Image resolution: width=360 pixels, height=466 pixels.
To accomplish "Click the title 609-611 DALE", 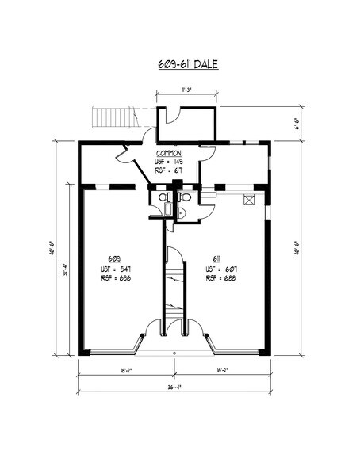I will pos(180,63).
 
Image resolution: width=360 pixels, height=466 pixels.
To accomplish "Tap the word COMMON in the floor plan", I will pos(169,152).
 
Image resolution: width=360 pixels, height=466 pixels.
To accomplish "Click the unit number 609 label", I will pos(115,259).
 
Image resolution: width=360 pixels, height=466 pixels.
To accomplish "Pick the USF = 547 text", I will pos(115,269).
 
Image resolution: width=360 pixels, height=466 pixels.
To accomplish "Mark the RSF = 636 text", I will pos(115,278).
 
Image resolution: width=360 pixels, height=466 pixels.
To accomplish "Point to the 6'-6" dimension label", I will pos(294,124).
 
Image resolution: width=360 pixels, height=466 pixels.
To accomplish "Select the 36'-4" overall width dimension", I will pos(174,388).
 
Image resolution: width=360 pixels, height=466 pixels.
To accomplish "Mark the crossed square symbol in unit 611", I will pos(251,200).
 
